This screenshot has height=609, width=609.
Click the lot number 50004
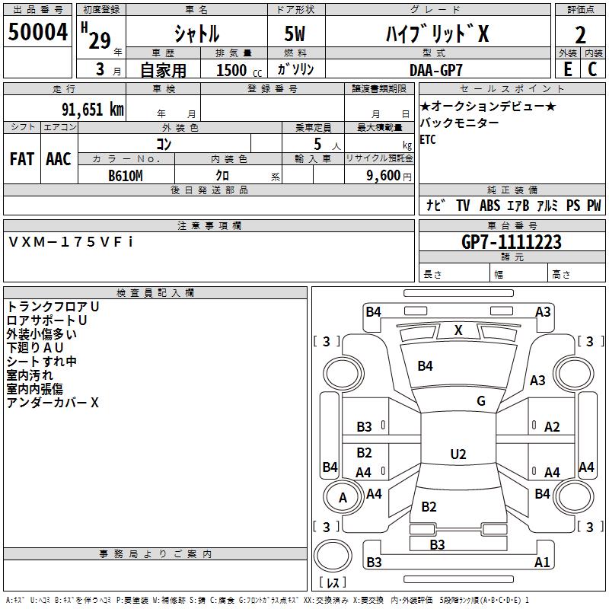click(x=37, y=32)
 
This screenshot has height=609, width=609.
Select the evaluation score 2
click(x=580, y=35)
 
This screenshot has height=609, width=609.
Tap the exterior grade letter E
click(x=567, y=69)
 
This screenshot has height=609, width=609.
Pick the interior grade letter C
click(x=592, y=69)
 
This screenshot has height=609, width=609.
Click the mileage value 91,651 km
click(x=92, y=110)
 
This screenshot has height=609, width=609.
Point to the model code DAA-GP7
click(x=435, y=70)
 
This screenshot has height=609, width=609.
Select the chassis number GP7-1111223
click(x=511, y=242)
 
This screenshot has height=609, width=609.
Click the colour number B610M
click(x=126, y=176)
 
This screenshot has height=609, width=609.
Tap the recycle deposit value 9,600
click(x=383, y=176)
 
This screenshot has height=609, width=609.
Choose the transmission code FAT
click(x=22, y=159)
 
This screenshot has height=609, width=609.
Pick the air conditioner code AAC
click(x=59, y=159)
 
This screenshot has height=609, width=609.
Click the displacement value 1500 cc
click(x=239, y=70)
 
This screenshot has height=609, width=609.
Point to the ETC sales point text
click(x=428, y=139)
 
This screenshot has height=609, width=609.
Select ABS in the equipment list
click(x=489, y=205)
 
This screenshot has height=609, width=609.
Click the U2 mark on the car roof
click(x=458, y=454)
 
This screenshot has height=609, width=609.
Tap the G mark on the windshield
click(x=481, y=401)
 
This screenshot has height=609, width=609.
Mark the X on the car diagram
click(x=458, y=330)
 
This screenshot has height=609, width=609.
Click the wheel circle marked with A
click(x=343, y=497)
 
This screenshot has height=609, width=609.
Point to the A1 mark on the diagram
click(x=542, y=562)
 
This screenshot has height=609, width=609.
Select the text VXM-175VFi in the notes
click(x=71, y=242)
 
